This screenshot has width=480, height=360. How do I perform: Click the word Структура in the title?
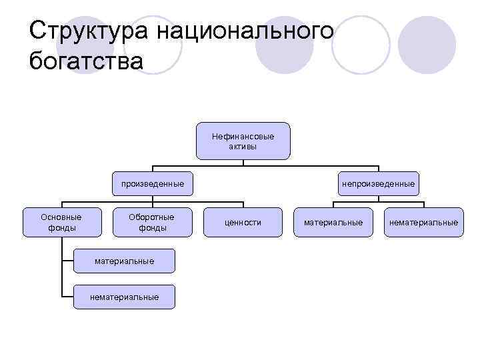[x=89, y=31]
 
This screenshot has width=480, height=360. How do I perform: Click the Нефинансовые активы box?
[x=243, y=141]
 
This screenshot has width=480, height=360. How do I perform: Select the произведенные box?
[x=153, y=183]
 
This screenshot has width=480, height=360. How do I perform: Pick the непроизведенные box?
[x=379, y=183]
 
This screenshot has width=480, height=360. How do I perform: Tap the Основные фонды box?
[x=61, y=222]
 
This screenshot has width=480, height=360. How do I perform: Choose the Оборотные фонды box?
[x=153, y=222]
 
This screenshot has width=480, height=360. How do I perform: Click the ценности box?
[x=243, y=222]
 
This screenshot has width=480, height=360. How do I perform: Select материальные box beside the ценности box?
[x=333, y=222]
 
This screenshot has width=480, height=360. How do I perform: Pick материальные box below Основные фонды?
[x=124, y=261]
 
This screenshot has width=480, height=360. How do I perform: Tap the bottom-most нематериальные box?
[x=124, y=297]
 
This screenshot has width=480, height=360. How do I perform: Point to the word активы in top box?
[x=243, y=146]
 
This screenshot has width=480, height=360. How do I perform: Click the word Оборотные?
[x=151, y=217]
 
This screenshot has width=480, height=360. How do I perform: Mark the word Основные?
[x=61, y=217]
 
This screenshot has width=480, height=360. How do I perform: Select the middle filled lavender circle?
[x=286, y=45]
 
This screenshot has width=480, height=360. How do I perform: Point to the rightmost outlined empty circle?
[x=361, y=45]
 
